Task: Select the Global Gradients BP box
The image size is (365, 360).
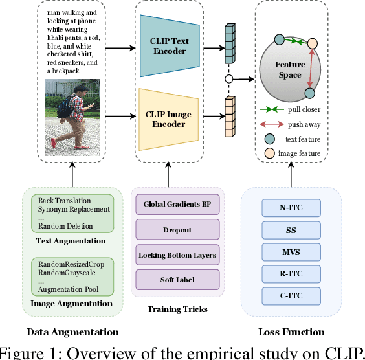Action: pyautogui.click(x=176, y=205)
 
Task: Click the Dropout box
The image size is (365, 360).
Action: pyautogui.click(x=176, y=230)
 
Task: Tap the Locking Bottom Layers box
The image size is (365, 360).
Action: pyautogui.click(x=176, y=255)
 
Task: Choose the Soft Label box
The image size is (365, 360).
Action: pyautogui.click(x=176, y=280)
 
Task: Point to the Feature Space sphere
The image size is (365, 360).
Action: pyautogui.click(x=289, y=70)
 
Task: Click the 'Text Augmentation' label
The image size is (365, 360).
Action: pyautogui.click(x=71, y=241)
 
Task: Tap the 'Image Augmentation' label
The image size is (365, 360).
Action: pyautogui.click(x=71, y=302)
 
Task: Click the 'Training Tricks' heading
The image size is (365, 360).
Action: pyautogui.click(x=176, y=309)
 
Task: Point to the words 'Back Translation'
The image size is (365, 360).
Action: pyautogui.click(x=65, y=201)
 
